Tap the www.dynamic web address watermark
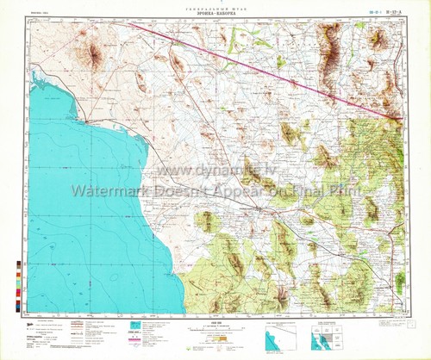tap(215, 175)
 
